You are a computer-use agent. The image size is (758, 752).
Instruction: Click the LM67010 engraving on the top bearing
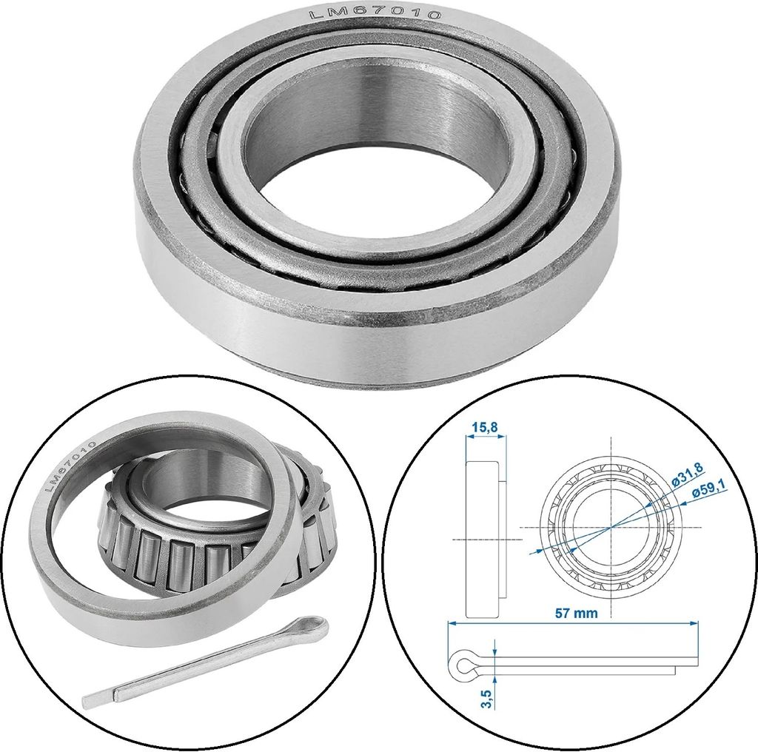375,14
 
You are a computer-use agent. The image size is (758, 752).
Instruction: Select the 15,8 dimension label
485,427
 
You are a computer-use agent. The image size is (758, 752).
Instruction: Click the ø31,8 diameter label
687,476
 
